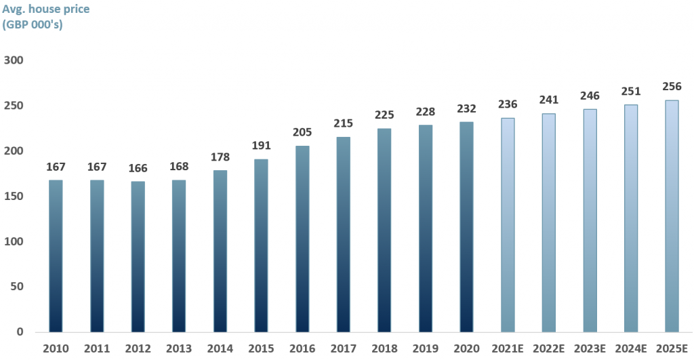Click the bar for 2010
click(x=56, y=256)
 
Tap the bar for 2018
click(x=384, y=231)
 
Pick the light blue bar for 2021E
click(x=507, y=225)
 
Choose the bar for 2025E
click(x=671, y=217)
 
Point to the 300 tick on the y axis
click(x=14, y=61)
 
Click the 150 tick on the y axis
click(x=14, y=197)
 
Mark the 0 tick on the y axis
click(x=20, y=332)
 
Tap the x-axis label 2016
click(x=302, y=349)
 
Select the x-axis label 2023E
click(x=589, y=349)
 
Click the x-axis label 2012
click(x=138, y=349)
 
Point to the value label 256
click(x=671, y=87)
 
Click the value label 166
click(x=138, y=167)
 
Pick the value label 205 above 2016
click(x=302, y=132)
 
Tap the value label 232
click(x=466, y=108)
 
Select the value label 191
click(x=261, y=145)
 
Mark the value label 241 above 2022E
click(x=548, y=100)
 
